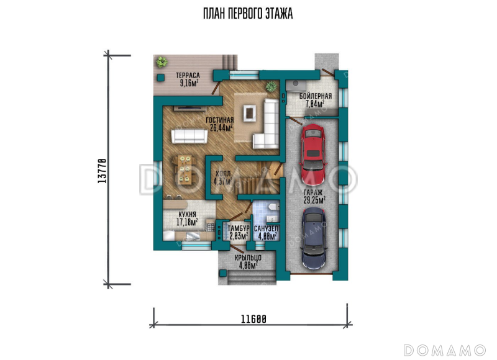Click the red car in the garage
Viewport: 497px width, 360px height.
click(314, 155)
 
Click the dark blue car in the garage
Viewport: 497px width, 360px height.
click(314, 239)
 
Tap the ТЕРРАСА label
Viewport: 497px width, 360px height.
click(188, 76)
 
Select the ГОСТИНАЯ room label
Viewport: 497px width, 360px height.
click(220, 120)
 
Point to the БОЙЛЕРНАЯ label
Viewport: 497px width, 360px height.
click(316, 96)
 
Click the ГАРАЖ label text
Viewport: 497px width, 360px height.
click(313, 192)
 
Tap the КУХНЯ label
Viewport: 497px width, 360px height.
click(187, 214)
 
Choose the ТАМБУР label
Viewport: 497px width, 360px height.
click(239, 228)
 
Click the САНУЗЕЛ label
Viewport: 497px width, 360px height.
click(266, 228)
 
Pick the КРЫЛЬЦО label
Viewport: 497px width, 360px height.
click(248, 258)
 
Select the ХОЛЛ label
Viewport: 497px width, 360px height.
click(223, 174)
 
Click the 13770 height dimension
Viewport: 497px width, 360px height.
click(102, 170)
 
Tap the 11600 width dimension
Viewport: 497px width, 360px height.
click(253, 319)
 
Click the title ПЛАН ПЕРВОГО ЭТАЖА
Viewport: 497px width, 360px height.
click(248, 14)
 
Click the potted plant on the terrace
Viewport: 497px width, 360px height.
click(162, 61)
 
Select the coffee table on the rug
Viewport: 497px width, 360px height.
click(250, 113)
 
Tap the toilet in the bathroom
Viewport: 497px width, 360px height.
click(273, 207)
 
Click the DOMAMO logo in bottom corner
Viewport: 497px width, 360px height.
click(444, 350)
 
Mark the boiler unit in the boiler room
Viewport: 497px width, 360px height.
click(296, 86)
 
